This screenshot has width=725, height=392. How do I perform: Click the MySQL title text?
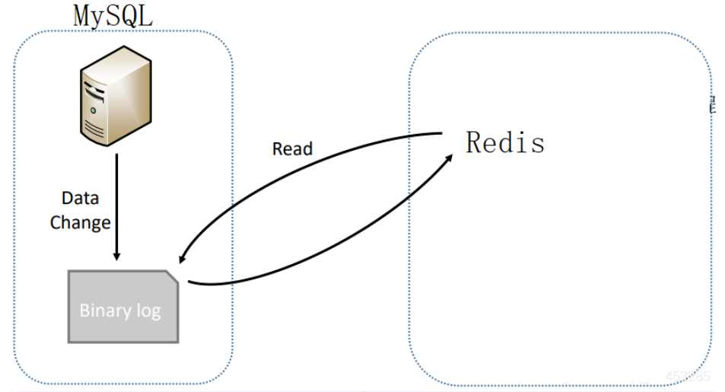[x=113, y=15]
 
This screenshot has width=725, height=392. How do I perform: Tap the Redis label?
[x=505, y=142]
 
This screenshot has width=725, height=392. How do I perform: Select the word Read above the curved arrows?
[x=292, y=148]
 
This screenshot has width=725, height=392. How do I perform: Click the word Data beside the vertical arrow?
[x=80, y=199]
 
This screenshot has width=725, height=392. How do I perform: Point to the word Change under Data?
[x=80, y=223]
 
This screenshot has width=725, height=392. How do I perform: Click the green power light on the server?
[x=94, y=110]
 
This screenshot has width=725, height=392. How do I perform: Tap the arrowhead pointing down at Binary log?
[x=116, y=254]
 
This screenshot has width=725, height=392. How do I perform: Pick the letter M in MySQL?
[x=83, y=15]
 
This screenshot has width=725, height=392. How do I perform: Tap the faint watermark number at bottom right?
[x=686, y=376]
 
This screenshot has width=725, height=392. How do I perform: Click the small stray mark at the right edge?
[x=712, y=105]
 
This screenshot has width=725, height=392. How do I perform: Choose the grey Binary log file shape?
[x=123, y=306]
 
